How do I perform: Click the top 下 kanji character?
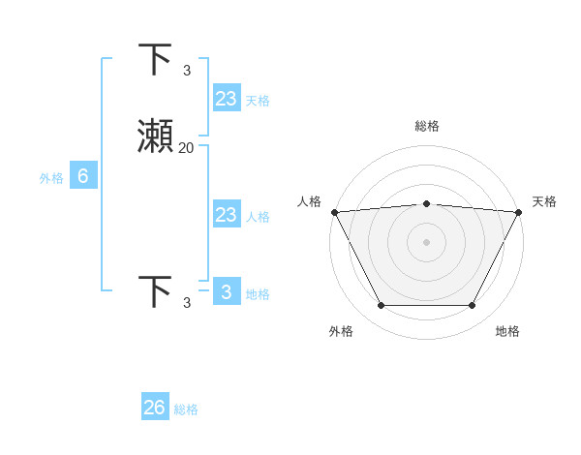coord(156,60)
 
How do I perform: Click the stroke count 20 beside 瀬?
coord(186,148)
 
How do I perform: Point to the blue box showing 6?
coord(83,176)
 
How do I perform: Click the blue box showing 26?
coord(155,408)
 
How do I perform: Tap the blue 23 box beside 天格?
coord(226,99)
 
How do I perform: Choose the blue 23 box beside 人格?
coord(226,215)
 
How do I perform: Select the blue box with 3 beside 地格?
coord(226,292)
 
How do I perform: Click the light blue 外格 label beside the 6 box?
coord(50,178)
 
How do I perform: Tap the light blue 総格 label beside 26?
coord(186,409)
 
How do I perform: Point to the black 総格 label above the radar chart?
coord(426,126)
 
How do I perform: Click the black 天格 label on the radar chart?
coord(544,201)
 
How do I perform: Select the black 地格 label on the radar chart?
coord(507,331)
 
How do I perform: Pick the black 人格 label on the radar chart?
coord(309,201)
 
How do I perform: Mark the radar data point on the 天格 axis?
coord(518,212)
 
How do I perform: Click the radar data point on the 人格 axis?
coord(334,212)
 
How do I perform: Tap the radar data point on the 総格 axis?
coord(426,203)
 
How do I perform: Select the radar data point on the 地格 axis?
coord(472,306)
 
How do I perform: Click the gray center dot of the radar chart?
coord(426,242)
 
